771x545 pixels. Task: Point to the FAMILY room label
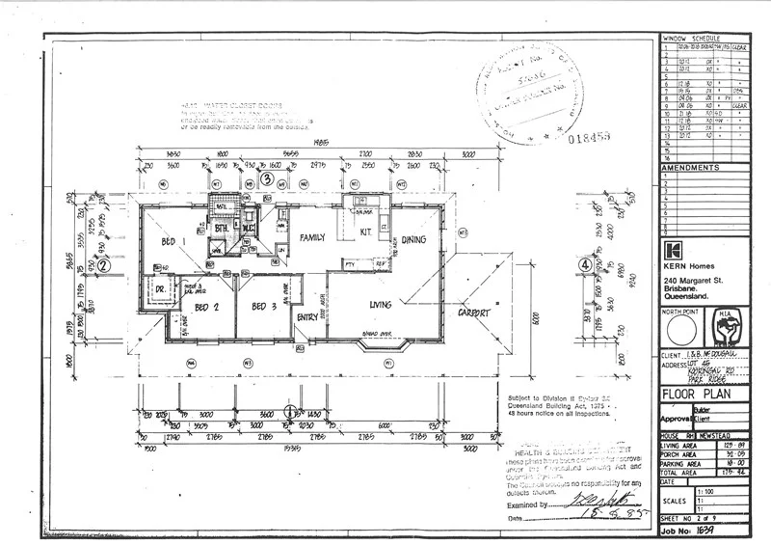click(312, 236)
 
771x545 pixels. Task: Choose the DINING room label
click(414, 239)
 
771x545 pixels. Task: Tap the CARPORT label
click(475, 313)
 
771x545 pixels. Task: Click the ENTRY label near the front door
click(308, 316)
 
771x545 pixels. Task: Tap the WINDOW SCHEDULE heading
click(705, 38)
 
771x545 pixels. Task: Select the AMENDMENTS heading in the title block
click(690, 168)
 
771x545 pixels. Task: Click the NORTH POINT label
click(678, 313)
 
